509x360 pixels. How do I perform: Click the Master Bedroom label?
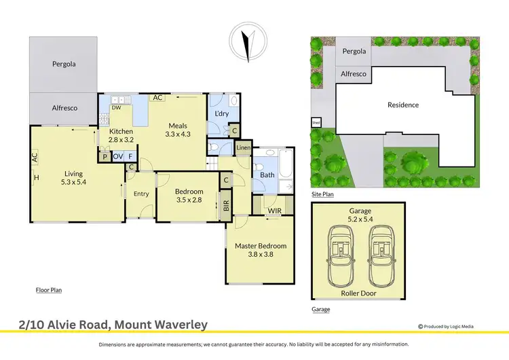261,246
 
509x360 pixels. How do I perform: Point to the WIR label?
274,211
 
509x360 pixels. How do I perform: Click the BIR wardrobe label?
227,204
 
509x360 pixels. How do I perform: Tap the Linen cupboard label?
244,147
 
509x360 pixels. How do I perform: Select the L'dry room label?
221,113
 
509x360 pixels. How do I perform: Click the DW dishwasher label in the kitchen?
116,107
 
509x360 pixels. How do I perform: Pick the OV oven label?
118,156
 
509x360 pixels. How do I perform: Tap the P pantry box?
105,156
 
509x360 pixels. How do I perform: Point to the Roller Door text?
360,295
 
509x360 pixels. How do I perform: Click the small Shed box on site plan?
316,123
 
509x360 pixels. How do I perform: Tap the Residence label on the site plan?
403,105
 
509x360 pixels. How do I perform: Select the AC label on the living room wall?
33,156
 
